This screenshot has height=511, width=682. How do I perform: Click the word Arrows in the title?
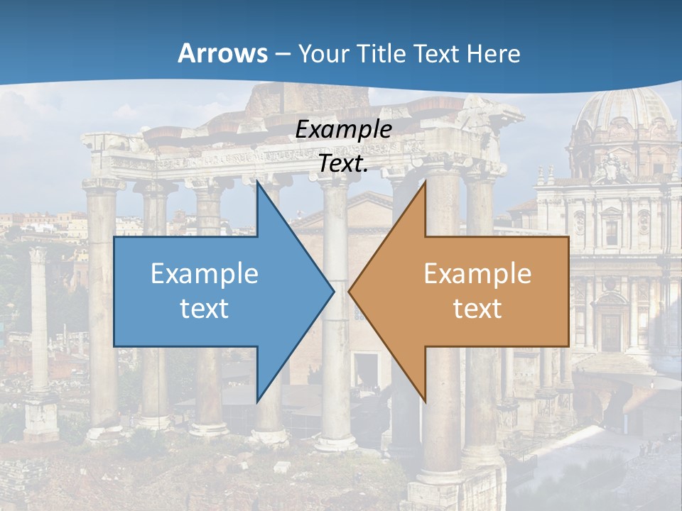tap(223, 53)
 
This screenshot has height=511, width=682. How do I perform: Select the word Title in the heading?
tap(386, 54)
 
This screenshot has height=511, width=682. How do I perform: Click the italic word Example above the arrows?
tap(344, 130)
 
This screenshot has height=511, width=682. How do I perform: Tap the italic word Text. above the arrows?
tap(344, 164)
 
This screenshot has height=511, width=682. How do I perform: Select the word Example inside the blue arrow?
tap(205, 274)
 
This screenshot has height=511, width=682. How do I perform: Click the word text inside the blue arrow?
tap(205, 308)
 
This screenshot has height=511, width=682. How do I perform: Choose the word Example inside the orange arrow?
tap(477, 274)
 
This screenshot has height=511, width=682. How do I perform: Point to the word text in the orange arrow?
tap(477, 308)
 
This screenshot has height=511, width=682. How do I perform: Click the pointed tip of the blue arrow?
tap(333, 290)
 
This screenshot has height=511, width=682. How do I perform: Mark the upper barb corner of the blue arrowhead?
tap(257, 182)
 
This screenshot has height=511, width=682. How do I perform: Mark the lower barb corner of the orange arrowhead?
tap(426, 402)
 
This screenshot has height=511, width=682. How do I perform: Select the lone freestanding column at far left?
tap(38, 319)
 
